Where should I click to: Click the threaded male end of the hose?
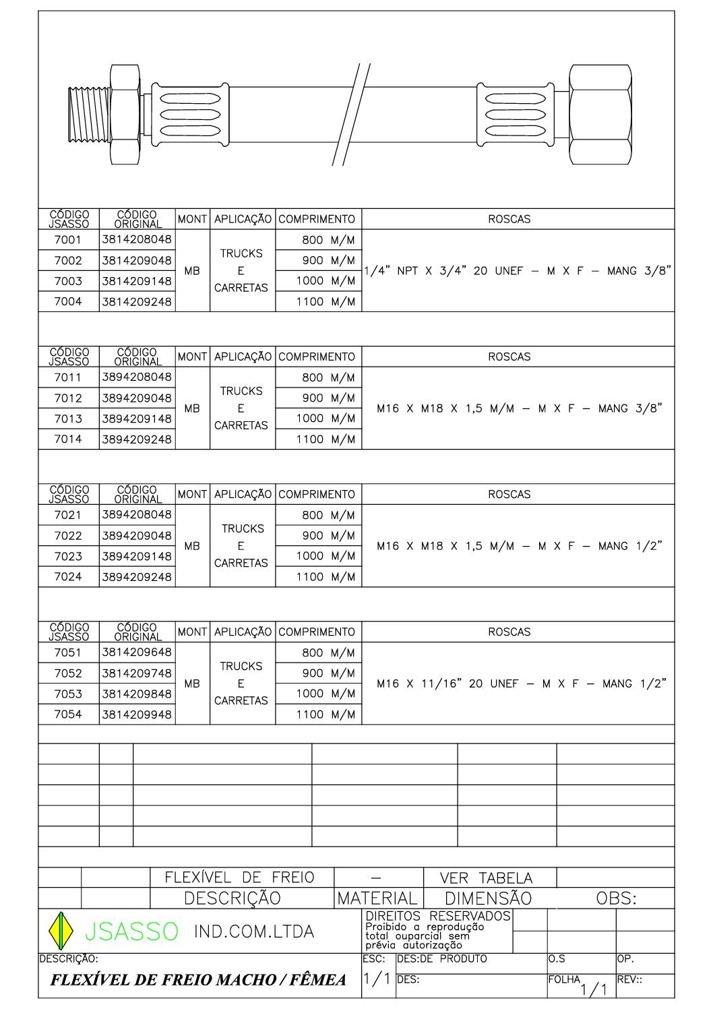88,115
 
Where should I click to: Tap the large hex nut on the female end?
599,114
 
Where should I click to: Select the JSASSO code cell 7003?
68,281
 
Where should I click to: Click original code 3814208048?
137,239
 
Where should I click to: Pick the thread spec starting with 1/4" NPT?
518,271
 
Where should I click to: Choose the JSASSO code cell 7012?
68,398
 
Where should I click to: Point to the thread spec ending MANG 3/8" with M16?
519,408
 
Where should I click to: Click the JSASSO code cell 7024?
68,577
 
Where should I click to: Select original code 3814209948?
137,714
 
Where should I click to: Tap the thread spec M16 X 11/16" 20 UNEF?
521,683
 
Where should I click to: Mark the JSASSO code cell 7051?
68,652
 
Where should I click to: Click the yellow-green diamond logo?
61,931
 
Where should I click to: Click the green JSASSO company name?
131,931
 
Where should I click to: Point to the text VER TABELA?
486,878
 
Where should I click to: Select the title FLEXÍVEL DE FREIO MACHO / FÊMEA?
198,980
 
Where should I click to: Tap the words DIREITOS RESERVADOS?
437,917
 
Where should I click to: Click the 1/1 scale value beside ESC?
377,979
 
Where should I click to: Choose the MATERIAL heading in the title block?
377,898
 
